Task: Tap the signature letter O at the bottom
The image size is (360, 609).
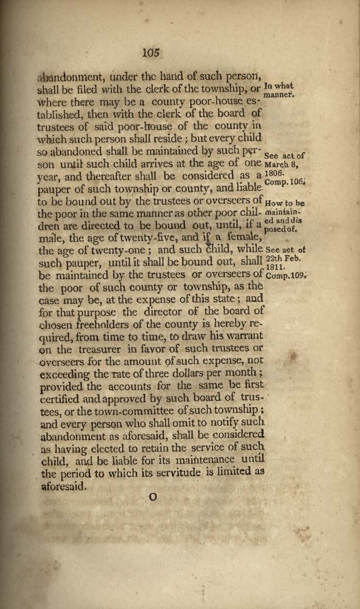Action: pyautogui.click(x=152, y=497)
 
